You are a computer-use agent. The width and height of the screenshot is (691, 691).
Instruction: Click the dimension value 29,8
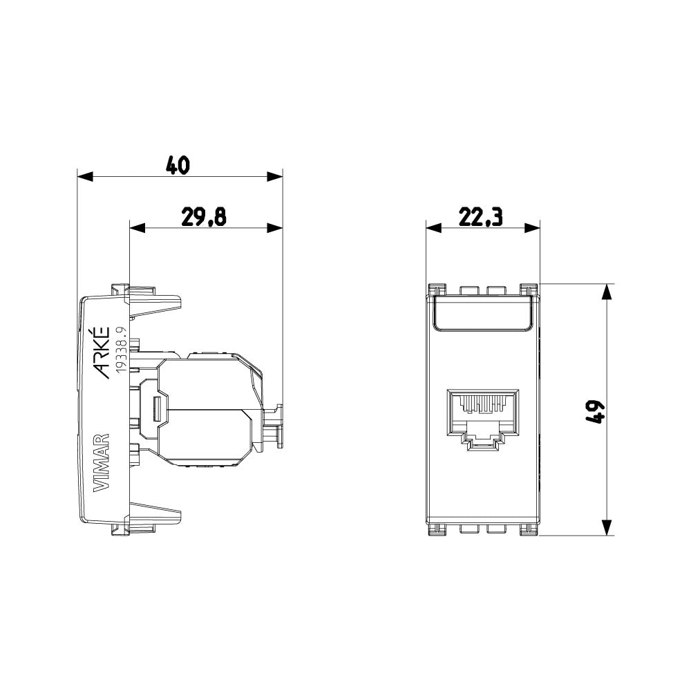coord(204,217)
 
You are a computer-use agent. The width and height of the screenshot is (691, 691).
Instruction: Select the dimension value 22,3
coord(481,217)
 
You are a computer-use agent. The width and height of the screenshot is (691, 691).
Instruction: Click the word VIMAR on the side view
coord(101,462)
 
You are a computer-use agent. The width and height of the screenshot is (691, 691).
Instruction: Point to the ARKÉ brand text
coord(101,354)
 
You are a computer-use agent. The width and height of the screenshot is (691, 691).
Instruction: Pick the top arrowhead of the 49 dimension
coord(606,291)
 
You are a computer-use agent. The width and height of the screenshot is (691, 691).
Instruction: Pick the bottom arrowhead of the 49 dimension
coord(606,528)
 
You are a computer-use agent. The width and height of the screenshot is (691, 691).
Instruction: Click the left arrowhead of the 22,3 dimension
coord(433,228)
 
